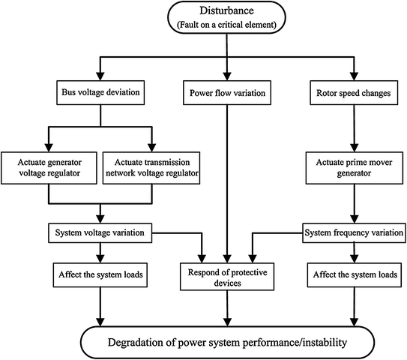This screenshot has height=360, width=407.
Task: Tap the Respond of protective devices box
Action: tap(226, 274)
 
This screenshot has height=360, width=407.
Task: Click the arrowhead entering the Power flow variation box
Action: tap(226, 78)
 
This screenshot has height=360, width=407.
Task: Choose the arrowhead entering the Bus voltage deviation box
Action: tap(100, 78)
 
